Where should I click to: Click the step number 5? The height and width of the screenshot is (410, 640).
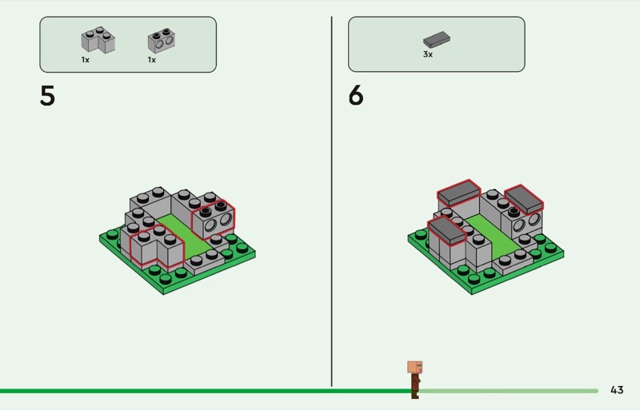coord(47,96)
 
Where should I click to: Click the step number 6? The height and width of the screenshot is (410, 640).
coord(355,96)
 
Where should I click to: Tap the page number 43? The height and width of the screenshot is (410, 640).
coord(617,390)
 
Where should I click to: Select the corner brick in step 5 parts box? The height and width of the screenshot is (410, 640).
coord(98,40)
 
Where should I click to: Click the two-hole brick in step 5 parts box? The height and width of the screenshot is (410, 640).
coord(162,41)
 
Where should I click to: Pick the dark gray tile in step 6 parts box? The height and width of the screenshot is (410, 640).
coord(436,40)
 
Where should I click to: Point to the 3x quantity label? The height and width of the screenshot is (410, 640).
coord(428,54)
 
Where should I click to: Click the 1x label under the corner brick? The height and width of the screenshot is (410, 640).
coord(86,60)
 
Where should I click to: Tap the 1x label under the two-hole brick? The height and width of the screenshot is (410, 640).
coord(152,60)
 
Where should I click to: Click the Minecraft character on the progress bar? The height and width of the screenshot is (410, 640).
coord(414,379)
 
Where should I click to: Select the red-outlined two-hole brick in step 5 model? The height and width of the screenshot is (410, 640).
coord(213,219)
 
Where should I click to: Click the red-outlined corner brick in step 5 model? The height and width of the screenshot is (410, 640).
coord(157,246)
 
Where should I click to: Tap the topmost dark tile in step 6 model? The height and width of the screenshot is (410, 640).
coord(458,192)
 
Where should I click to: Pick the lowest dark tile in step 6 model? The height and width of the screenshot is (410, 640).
coord(446,230)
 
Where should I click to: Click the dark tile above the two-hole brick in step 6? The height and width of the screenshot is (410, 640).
coord(524,199)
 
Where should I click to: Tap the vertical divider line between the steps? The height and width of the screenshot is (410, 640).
coord(331,201)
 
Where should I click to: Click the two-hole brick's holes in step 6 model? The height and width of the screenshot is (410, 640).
coord(527,223)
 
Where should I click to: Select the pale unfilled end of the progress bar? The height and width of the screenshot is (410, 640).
coord(508,391)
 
